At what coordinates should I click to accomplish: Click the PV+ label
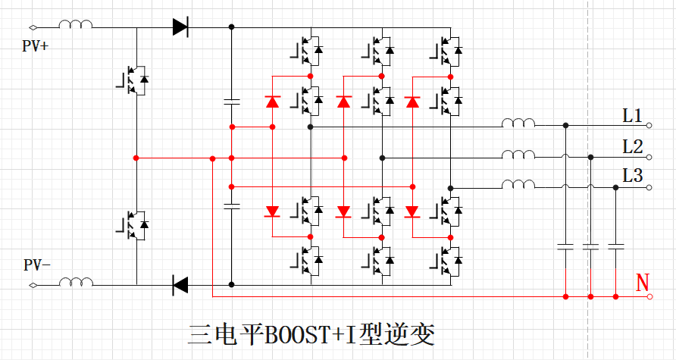(x=36, y=46)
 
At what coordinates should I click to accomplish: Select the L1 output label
(x=632, y=116)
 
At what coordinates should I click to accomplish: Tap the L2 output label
(x=632, y=146)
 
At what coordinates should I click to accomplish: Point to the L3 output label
(x=632, y=176)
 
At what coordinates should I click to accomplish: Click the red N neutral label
(x=643, y=283)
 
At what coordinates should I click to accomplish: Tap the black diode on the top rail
(x=180, y=27)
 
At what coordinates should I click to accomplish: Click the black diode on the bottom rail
(x=180, y=286)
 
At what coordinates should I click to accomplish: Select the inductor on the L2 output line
(x=518, y=155)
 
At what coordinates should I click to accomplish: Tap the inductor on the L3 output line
(x=518, y=184)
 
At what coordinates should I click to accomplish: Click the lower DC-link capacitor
(x=231, y=205)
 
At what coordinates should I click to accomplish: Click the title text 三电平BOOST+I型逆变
(x=311, y=334)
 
